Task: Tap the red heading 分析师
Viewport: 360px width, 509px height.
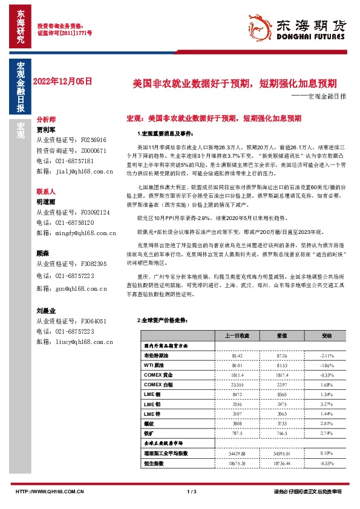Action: click(46, 120)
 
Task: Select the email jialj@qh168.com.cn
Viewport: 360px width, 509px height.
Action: click(80, 172)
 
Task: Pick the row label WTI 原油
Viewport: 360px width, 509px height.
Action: click(155, 366)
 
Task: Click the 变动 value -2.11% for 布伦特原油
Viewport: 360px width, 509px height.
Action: click(327, 356)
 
